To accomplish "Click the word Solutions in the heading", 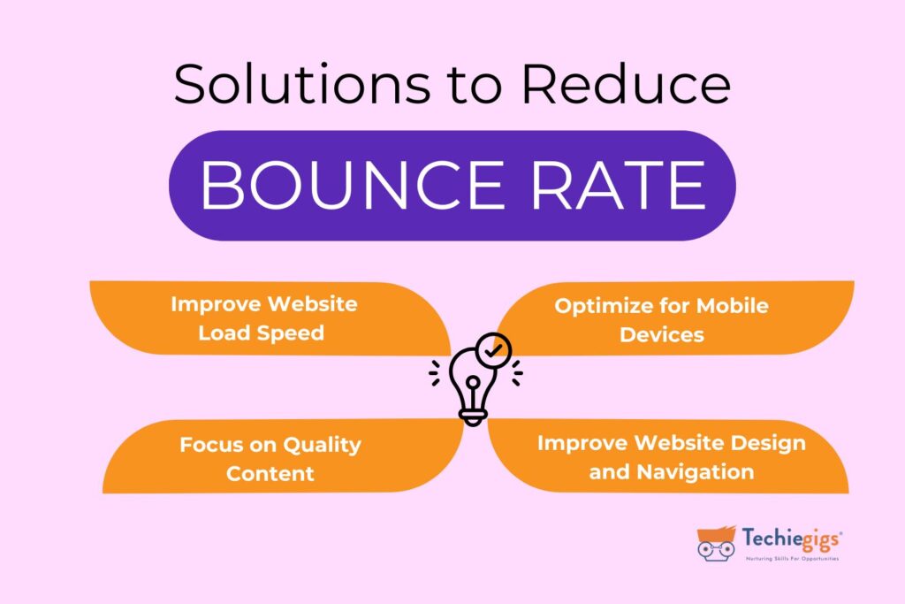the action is [x=302, y=84].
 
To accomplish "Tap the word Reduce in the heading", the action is [x=627, y=84].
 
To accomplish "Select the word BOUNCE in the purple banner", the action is [x=352, y=186].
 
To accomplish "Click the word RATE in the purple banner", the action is [x=618, y=186].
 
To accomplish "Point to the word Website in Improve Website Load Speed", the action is [x=312, y=304].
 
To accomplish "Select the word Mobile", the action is [x=733, y=306].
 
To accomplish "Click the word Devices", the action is [x=661, y=335].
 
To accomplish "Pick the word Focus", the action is [x=209, y=445].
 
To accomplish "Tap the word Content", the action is [x=270, y=473].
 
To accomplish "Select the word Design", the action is [x=768, y=443].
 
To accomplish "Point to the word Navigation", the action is [x=696, y=472].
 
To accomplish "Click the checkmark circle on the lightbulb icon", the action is [x=493, y=350].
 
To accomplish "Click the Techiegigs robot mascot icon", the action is [x=716, y=543].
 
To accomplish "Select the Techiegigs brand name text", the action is [x=792, y=539].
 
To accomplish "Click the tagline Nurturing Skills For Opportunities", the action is [x=792, y=559].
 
